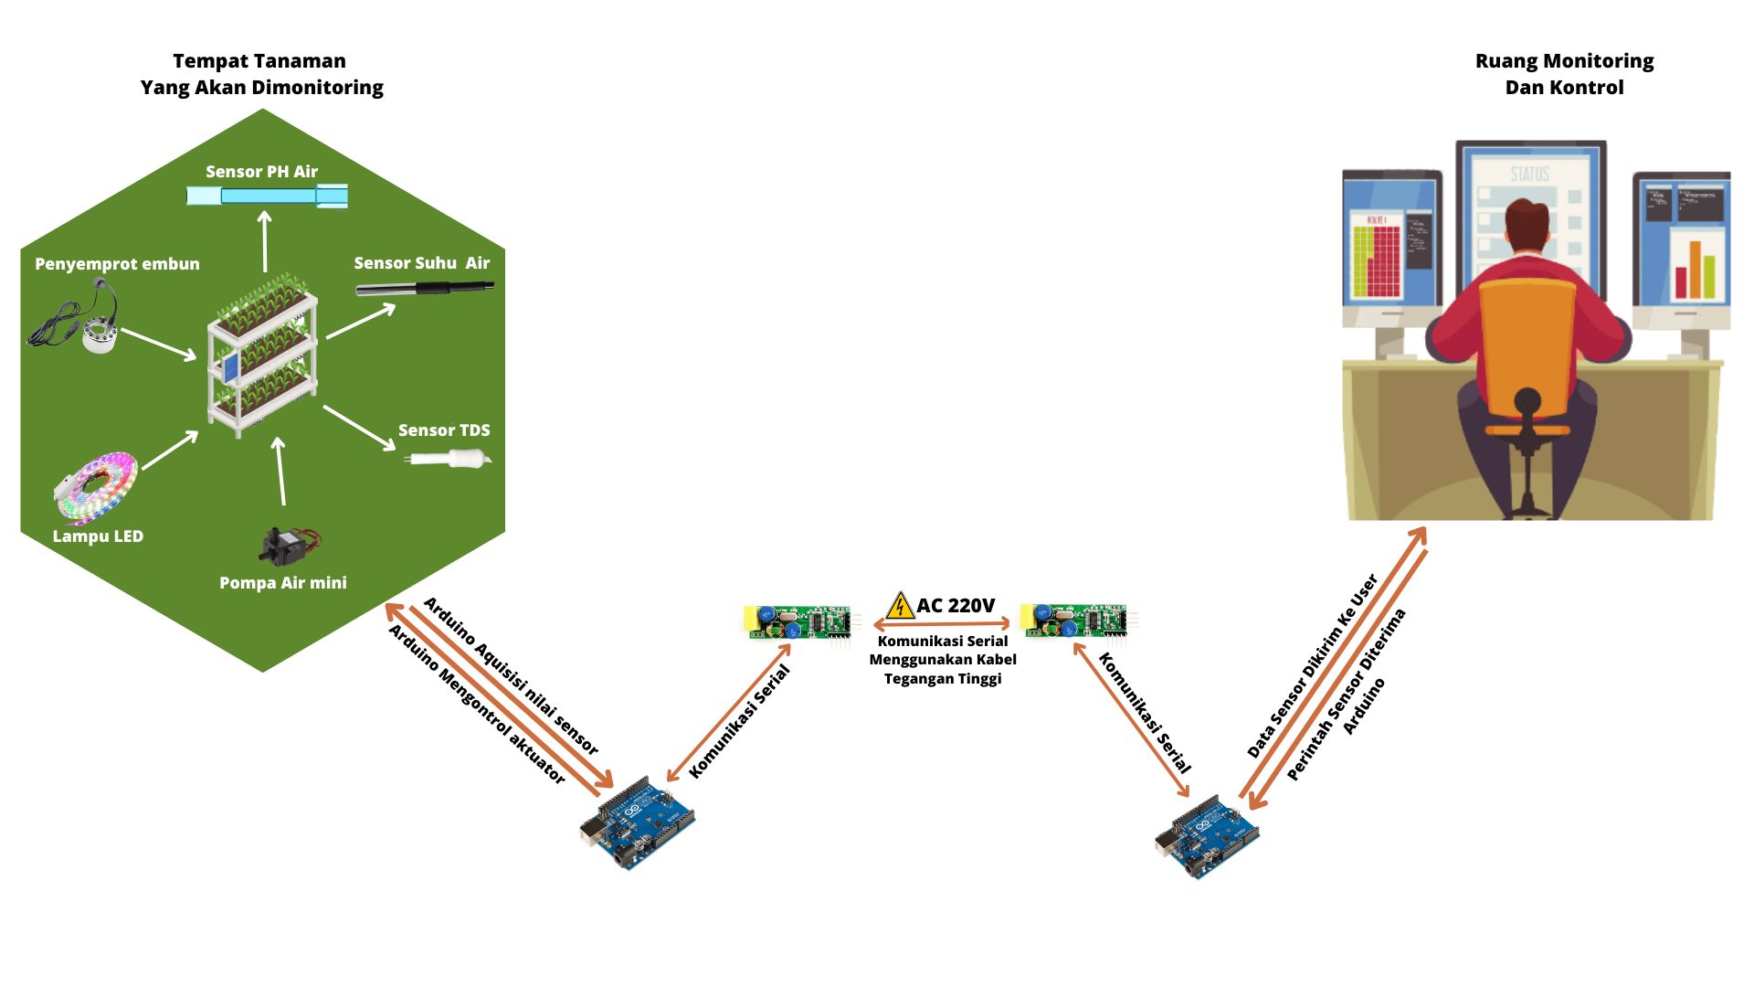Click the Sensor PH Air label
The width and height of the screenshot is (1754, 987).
click(261, 172)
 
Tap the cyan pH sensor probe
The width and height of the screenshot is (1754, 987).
click(267, 196)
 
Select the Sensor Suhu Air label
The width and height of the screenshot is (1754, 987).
click(421, 263)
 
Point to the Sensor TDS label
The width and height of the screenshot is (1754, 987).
click(444, 430)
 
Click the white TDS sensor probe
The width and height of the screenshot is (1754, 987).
click(448, 458)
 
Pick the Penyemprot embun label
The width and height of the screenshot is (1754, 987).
click(117, 264)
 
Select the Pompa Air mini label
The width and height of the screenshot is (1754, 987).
click(283, 583)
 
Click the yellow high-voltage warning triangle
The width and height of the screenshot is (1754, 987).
click(900, 606)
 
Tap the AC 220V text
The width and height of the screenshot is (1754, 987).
click(956, 606)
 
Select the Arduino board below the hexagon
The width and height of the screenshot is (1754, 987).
click(637, 823)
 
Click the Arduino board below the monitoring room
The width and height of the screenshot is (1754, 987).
click(1206, 836)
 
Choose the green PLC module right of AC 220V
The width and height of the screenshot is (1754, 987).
click(1075, 621)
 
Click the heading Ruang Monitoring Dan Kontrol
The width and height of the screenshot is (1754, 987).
click(1564, 74)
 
